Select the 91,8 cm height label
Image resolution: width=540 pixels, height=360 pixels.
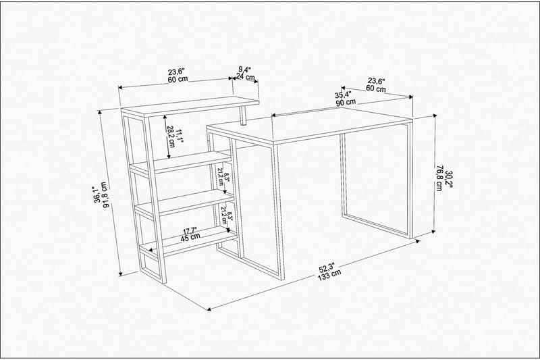pos(109,196)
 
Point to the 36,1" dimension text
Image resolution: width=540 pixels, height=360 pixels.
pos(99,195)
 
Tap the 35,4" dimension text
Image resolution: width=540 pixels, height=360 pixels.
pos(346,95)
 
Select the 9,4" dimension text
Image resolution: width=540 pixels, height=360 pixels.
pos(245,69)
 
